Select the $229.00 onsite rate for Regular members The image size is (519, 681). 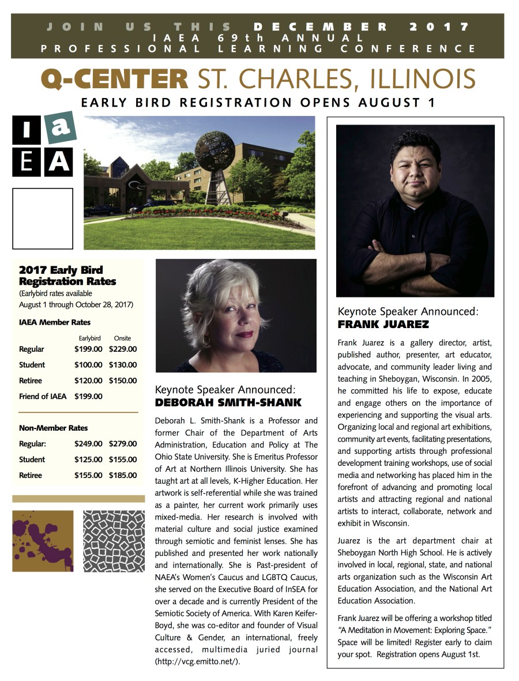122,349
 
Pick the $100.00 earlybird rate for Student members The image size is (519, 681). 88,365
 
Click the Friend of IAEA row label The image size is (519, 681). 43,396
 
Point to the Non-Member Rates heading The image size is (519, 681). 53,428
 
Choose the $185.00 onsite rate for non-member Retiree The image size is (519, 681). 122,476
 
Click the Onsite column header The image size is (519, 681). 122,338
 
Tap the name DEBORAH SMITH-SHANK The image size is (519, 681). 228,402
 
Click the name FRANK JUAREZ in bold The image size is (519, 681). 383,325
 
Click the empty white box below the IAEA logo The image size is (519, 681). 43,218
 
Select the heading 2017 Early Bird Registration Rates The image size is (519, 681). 67,276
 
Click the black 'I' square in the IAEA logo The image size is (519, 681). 27,131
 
